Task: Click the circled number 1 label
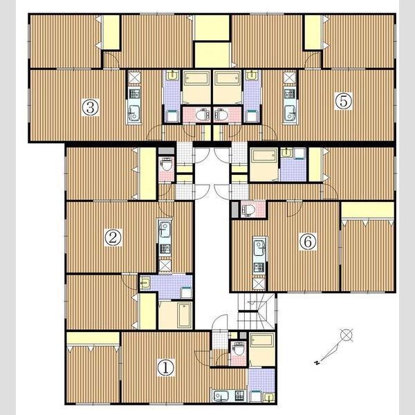(166, 367)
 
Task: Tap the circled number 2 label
(113, 237)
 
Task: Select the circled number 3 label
(90, 107)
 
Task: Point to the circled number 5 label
(344, 101)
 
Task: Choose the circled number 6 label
(308, 241)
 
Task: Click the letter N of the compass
(316, 362)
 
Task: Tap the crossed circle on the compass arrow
(347, 335)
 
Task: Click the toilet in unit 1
(238, 349)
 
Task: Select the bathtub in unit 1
(262, 340)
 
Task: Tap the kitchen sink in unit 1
(221, 396)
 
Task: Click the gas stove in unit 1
(240, 396)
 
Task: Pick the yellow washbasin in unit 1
(270, 397)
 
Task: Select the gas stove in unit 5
(289, 93)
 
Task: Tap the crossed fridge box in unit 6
(259, 284)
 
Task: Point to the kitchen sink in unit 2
(165, 229)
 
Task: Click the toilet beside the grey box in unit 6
(248, 210)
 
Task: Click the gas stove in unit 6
(259, 268)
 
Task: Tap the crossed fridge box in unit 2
(165, 265)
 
